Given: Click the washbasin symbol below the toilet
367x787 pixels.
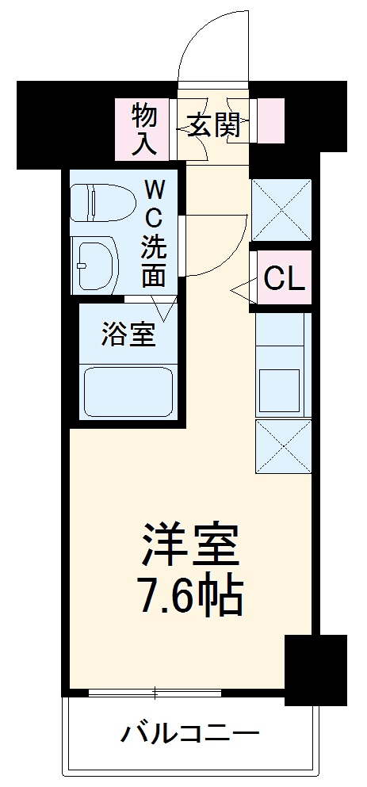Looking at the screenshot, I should click(x=94, y=263).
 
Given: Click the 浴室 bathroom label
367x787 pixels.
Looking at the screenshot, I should click(x=128, y=334).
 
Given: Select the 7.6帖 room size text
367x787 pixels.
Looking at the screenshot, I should click(x=190, y=598).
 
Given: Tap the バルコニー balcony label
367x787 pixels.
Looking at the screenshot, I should click(x=190, y=733).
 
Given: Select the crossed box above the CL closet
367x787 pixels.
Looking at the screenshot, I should click(x=281, y=210).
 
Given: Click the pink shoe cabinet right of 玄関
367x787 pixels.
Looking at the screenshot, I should click(x=269, y=121).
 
